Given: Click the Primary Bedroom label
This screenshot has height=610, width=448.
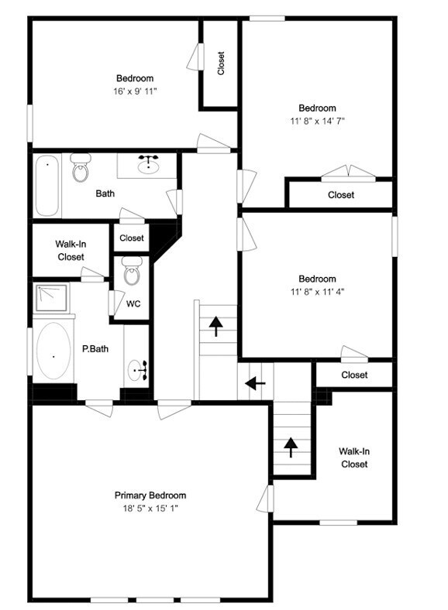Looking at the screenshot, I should coord(150,495).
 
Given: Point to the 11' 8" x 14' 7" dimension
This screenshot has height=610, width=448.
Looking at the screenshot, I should coord(317,122).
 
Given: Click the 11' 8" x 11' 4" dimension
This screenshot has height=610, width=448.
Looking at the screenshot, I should coord(317,293).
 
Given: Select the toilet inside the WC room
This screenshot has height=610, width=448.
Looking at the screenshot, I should coord(133,273).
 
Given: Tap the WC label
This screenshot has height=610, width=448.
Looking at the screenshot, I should coord(133,304).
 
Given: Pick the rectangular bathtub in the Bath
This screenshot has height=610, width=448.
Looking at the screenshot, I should coord(47,186).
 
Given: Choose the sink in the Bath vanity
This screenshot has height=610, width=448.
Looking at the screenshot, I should coord(148,165).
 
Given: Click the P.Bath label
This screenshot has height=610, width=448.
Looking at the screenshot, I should coord(95,349).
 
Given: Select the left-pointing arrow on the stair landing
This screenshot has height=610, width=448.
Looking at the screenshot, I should coord(255,382).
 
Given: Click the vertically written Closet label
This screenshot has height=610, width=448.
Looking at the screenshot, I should coord(221,63).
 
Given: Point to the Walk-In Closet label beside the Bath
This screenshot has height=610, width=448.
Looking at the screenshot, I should coord(71,251).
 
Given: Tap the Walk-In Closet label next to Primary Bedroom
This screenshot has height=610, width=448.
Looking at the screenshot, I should coord(353,457).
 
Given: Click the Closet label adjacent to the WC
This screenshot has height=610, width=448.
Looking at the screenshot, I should coord(132,238).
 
